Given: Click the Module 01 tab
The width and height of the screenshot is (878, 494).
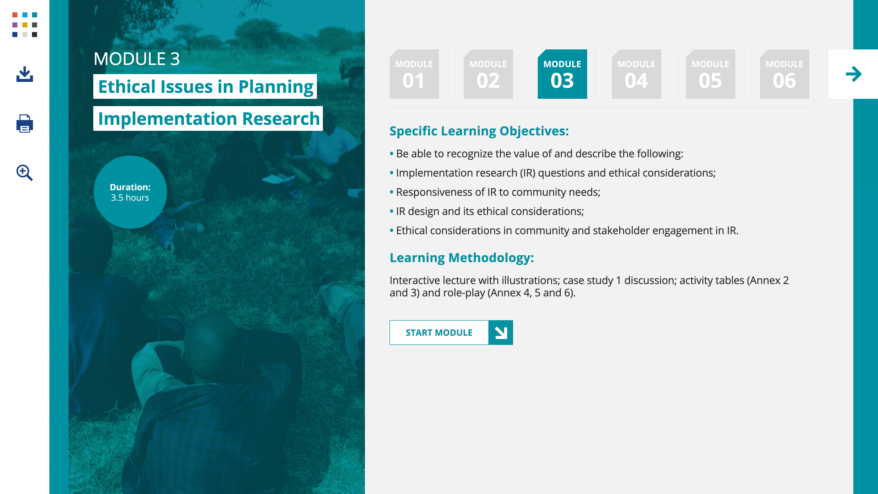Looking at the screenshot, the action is click(x=414, y=74).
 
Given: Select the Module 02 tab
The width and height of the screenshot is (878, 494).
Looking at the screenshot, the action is click(x=488, y=74).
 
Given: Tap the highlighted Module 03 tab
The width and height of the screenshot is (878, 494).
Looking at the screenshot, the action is click(x=562, y=74).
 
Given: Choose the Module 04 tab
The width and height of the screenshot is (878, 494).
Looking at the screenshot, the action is click(x=636, y=74).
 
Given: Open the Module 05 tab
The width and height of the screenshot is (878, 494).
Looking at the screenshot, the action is click(x=710, y=74).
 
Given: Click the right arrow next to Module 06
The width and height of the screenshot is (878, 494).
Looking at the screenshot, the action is click(x=854, y=74).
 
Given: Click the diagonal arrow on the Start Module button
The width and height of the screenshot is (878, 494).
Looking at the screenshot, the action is click(x=501, y=332).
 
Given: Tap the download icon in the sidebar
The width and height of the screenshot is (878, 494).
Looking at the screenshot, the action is click(x=24, y=74).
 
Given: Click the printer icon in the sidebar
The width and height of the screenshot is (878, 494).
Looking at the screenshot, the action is click(x=24, y=123).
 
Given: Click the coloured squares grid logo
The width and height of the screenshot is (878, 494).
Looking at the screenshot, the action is click(x=24, y=24).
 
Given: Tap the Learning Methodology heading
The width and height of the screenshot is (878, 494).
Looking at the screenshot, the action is click(x=461, y=258).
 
